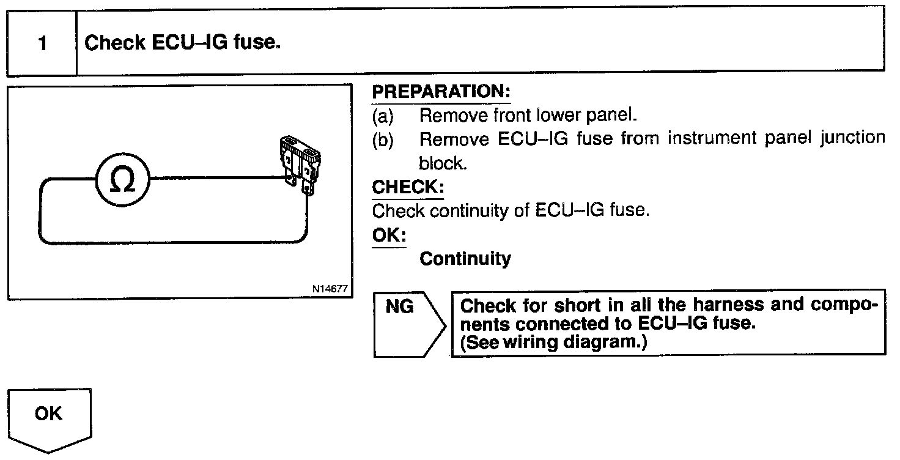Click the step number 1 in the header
[43, 43]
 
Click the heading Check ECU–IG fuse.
[182, 42]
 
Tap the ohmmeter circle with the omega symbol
[123, 180]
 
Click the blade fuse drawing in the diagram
[300, 166]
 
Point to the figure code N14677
[330, 289]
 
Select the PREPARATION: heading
[441, 92]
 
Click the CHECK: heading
[408, 187]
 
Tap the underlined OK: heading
[389, 236]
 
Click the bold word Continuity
[465, 259]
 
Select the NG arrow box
[409, 324]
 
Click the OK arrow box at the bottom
[50, 420]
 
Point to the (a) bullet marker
[383, 116]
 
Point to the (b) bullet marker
[383, 140]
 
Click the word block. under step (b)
[443, 163]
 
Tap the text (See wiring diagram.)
[554, 342]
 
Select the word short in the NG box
[577, 306]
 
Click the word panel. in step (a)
[611, 116]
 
